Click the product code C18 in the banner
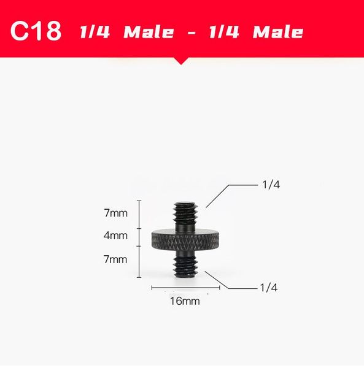(37, 31)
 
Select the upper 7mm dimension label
(115, 213)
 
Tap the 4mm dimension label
(115, 236)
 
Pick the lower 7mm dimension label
(115, 259)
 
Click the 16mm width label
(185, 301)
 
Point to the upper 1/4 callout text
(270, 185)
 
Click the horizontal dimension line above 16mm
(185, 287)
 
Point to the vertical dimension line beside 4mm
(140, 236)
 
